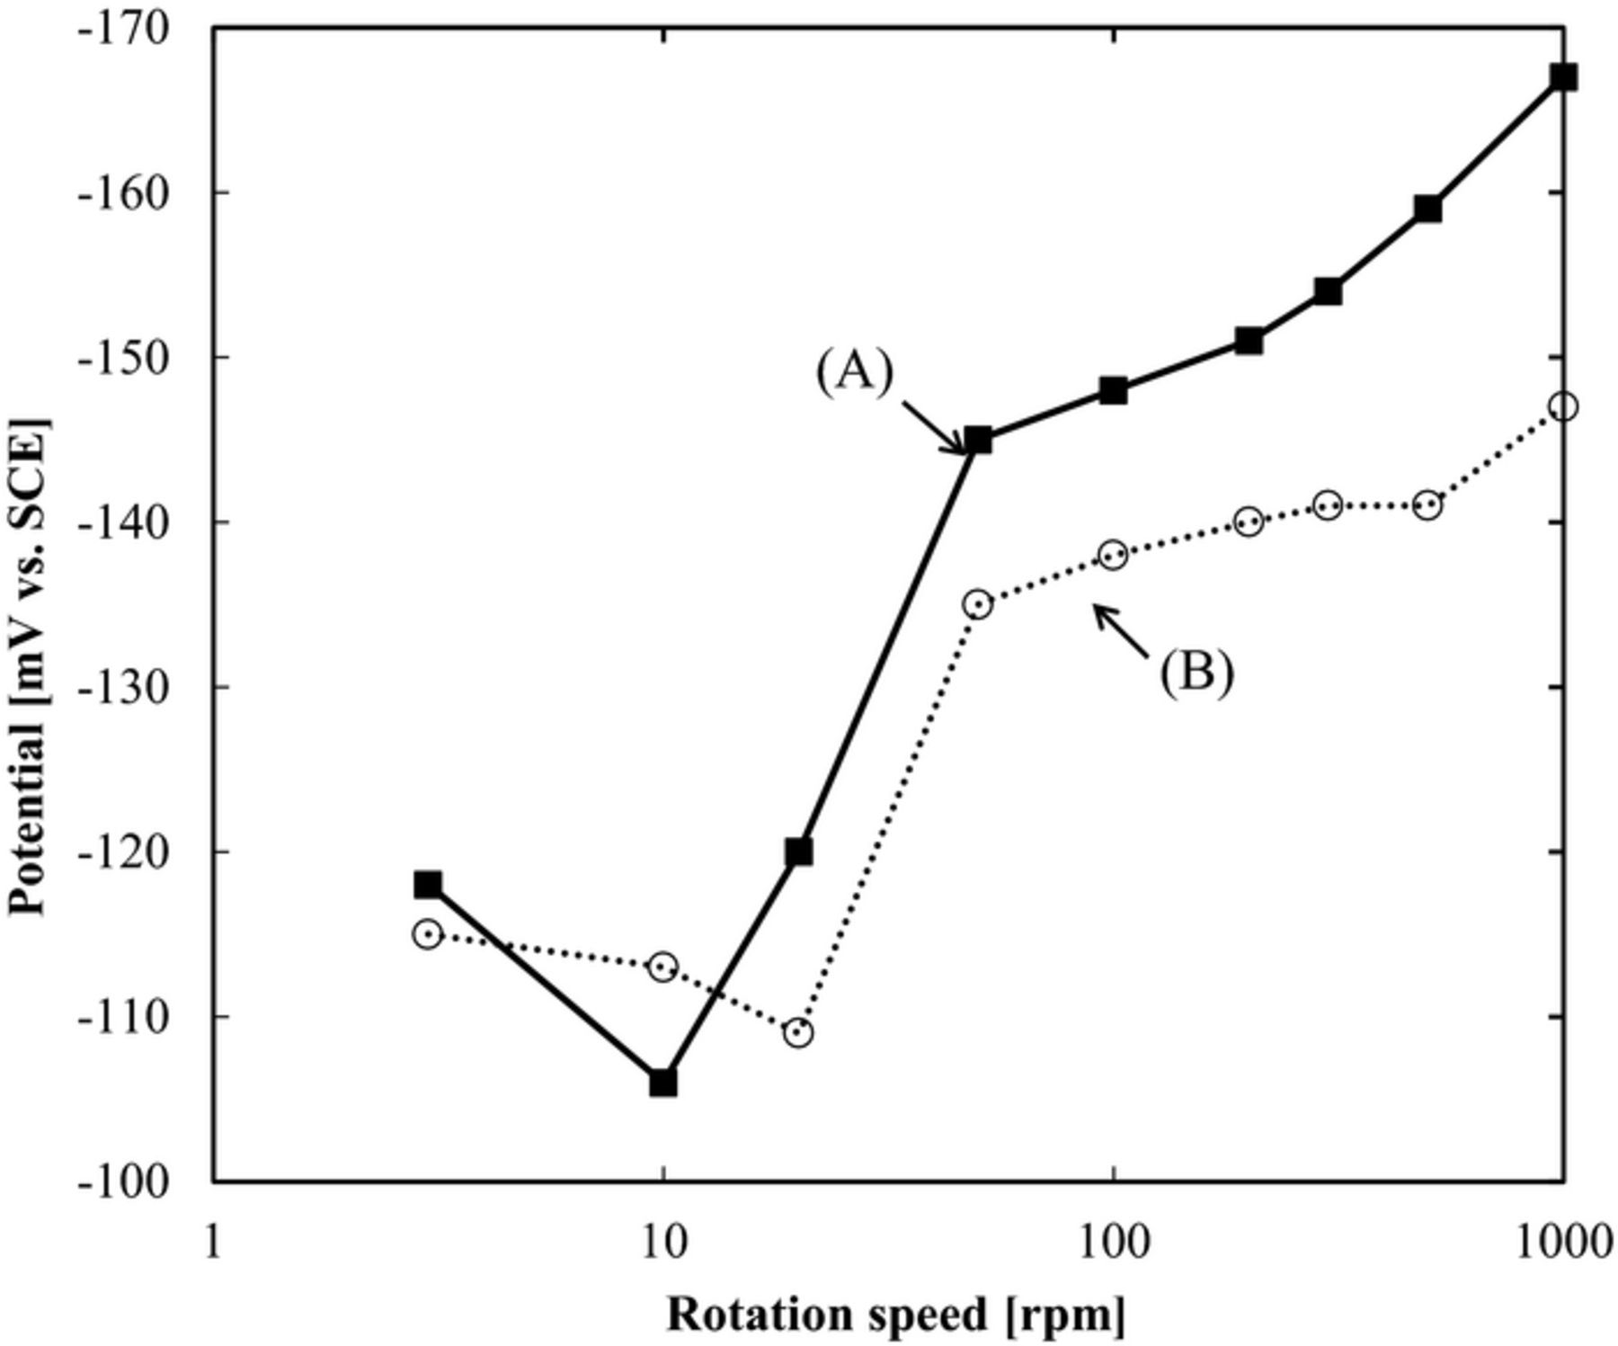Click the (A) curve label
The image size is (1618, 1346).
pyautogui.click(x=854, y=371)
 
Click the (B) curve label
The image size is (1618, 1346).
pyautogui.click(x=1196, y=672)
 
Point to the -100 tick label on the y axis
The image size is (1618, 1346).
pyautogui.click(x=122, y=1181)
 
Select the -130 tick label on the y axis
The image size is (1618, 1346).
pyautogui.click(x=122, y=687)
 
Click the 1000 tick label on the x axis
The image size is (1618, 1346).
pyautogui.click(x=1561, y=1243)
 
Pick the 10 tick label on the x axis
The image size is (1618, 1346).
pyautogui.click(x=662, y=1243)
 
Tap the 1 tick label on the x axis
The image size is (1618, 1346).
pyautogui.click(x=213, y=1243)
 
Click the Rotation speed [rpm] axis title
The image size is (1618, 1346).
pyautogui.click(x=894, y=1315)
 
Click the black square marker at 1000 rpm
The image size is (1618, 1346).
pyautogui.click(x=1563, y=77)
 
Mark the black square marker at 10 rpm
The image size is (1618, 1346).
pyautogui.click(x=662, y=1083)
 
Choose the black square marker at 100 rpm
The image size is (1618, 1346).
pyautogui.click(x=1113, y=390)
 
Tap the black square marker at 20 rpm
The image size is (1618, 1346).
pyautogui.click(x=798, y=851)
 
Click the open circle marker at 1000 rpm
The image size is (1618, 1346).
pyautogui.click(x=1563, y=406)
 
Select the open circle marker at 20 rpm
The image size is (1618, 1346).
pyautogui.click(x=798, y=1032)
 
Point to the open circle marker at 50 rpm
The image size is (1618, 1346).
pyautogui.click(x=978, y=604)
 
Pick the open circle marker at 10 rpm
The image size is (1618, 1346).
pyautogui.click(x=662, y=967)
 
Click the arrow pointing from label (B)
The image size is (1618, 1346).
pyautogui.click(x=1120, y=630)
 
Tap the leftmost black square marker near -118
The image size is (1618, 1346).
pyautogui.click(x=428, y=885)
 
